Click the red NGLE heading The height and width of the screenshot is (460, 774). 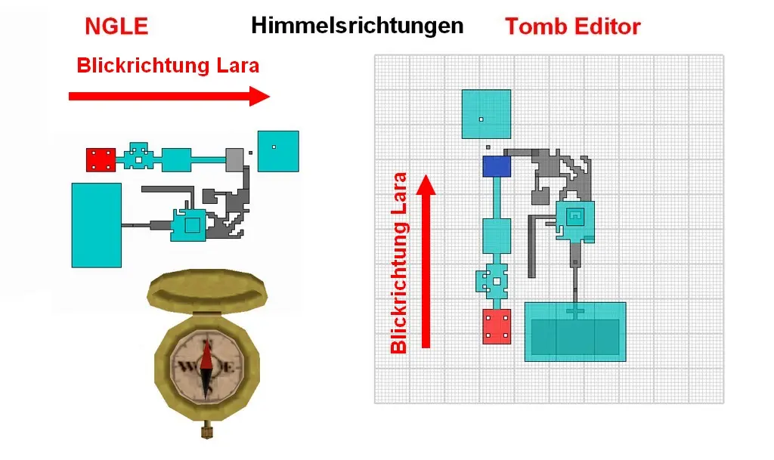(116, 27)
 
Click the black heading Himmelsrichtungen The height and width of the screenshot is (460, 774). (357, 26)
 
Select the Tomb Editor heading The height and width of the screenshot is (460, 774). (572, 27)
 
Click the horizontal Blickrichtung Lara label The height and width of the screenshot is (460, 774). (168, 66)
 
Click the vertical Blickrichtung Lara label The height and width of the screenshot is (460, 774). (399, 264)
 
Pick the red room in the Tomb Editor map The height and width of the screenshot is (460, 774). (497, 326)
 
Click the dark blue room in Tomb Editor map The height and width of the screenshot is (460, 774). (497, 166)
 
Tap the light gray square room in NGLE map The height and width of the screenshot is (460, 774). (235, 159)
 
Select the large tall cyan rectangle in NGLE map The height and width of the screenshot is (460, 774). (96, 224)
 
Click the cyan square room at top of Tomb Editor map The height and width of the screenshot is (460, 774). (486, 114)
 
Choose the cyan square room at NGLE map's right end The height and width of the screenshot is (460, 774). (277, 151)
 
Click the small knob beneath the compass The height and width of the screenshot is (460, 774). (206, 432)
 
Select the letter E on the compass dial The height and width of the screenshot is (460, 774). (228, 368)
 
